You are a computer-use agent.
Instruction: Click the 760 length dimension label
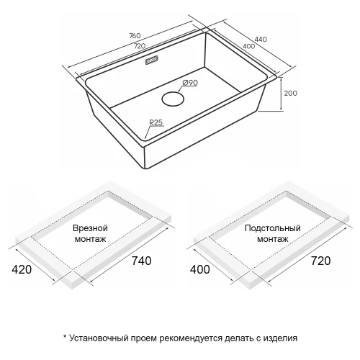135,35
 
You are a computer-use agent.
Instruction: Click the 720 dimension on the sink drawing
140,46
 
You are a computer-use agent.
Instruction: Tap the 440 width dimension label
261,39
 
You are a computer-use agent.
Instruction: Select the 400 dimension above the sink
249,46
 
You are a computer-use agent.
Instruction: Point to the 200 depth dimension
291,93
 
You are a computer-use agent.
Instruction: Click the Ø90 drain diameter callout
190,83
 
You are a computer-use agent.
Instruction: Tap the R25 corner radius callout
156,122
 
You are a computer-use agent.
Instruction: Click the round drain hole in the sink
173,99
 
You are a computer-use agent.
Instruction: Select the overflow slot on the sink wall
152,60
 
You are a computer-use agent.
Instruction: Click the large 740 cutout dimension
142,261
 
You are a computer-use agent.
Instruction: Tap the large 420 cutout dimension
22,269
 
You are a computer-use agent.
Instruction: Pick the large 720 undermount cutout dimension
321,261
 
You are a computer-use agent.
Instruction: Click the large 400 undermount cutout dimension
200,269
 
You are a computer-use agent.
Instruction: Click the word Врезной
90,228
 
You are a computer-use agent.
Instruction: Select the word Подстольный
273,228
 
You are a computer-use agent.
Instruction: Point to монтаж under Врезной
90,239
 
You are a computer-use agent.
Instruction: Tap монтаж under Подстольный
273,239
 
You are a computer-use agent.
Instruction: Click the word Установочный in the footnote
99,338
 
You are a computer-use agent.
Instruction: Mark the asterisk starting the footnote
65,336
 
